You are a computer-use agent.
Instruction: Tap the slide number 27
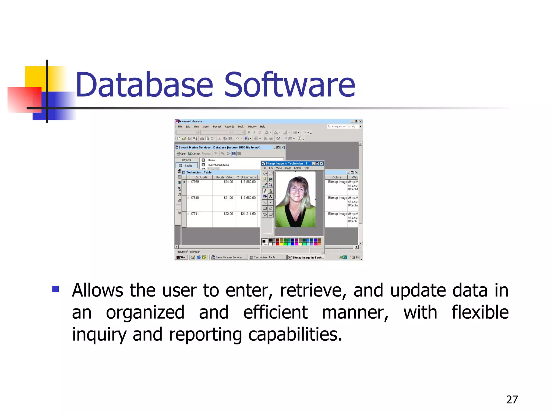[512, 400]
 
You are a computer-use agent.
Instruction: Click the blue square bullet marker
[56, 289]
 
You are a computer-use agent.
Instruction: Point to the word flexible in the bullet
[480, 312]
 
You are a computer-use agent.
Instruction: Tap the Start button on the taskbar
[181, 257]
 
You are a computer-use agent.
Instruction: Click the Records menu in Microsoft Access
[229, 127]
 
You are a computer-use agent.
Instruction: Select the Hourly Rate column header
[224, 177]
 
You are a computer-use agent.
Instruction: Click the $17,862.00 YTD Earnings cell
[248, 182]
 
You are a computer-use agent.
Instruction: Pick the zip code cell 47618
[195, 198]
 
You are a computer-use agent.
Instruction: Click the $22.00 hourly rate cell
[228, 214]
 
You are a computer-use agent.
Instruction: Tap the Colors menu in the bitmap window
[297, 168]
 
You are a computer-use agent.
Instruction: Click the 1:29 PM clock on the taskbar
[355, 257]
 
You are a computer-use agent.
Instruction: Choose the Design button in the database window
[194, 154]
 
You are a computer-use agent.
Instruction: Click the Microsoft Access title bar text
[190, 121]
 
